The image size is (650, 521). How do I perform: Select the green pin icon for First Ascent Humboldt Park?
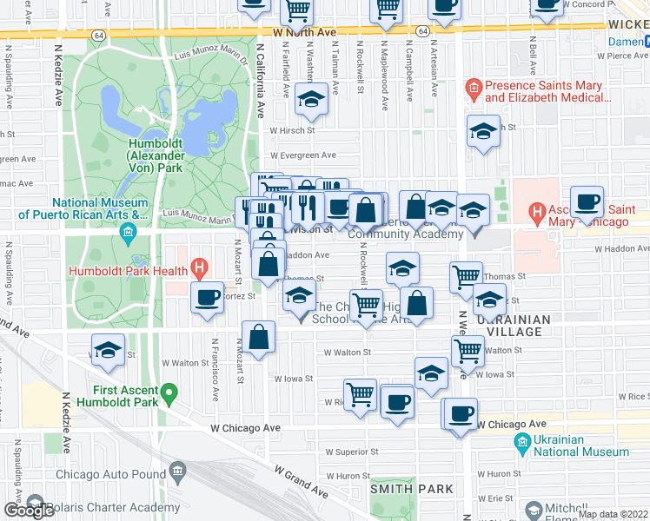(x=170, y=392)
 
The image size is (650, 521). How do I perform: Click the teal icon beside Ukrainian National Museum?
(x=522, y=446)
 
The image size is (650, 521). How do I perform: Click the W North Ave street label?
(x=303, y=32)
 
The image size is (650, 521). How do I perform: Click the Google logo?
(x=29, y=511)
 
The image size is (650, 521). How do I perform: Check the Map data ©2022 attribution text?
(x=613, y=514)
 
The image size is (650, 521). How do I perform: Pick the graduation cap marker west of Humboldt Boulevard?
(x=108, y=349)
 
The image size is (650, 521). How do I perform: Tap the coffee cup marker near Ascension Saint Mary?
(x=587, y=201)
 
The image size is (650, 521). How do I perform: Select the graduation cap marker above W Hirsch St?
(x=310, y=100)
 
